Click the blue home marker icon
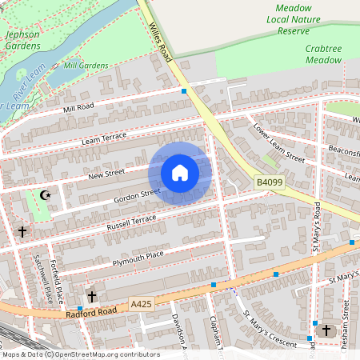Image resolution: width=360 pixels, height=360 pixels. click(x=180, y=173)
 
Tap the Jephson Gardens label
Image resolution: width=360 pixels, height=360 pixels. click(x=22, y=40)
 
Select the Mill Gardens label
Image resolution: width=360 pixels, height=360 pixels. click(x=86, y=65)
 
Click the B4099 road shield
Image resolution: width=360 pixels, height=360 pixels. click(x=270, y=183)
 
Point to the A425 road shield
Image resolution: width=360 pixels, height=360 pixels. click(x=141, y=304)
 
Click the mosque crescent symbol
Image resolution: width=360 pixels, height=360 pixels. click(x=46, y=194)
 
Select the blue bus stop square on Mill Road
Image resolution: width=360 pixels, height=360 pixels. click(x=184, y=91)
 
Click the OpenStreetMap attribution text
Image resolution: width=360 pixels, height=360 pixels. click(x=80, y=354)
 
